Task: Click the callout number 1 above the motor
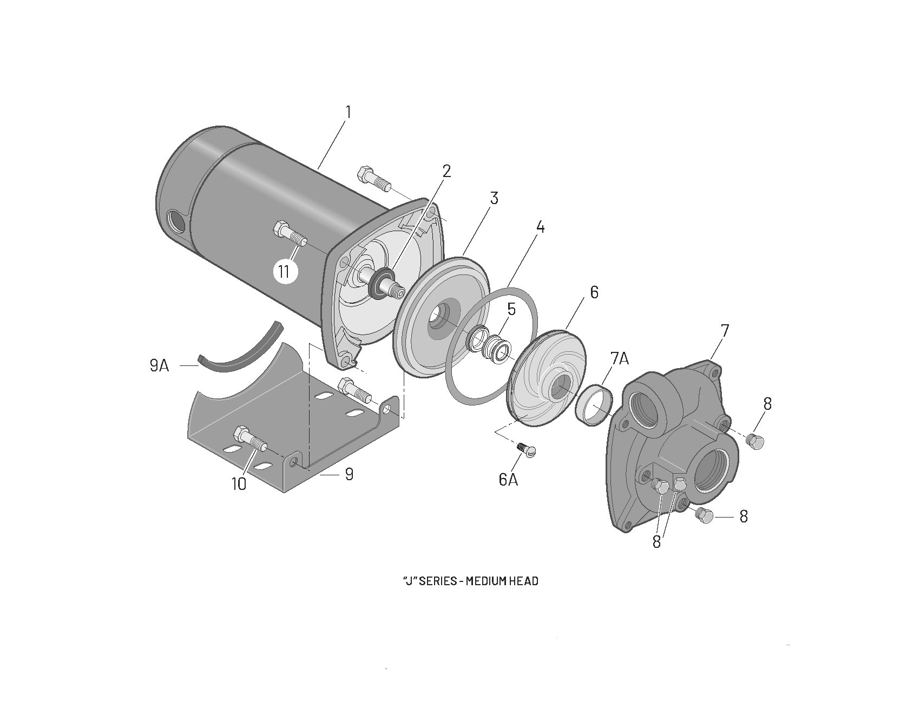349,113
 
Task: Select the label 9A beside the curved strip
159,366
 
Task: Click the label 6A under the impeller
508,479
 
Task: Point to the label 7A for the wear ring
620,358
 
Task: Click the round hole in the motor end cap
176,222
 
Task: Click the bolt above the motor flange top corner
373,179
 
